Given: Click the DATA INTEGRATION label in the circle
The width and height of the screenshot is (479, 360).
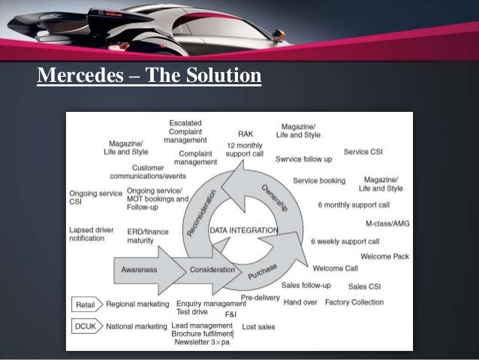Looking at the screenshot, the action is (243, 229).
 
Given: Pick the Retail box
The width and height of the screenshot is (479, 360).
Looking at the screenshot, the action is (84, 304).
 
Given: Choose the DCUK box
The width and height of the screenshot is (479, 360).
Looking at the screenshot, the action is (84, 326).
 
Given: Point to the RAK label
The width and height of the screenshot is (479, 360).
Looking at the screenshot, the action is (246, 134).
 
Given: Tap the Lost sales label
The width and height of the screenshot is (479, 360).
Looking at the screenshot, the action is (258, 327).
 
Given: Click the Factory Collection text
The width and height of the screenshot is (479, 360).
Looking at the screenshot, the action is (354, 302).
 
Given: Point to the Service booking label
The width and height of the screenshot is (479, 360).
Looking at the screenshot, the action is (319, 180).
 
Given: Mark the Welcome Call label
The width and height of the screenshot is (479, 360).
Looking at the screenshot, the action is (335, 268).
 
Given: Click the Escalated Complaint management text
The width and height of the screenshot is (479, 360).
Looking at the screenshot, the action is (185, 131).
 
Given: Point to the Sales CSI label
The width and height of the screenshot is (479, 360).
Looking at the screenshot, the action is (364, 286).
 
